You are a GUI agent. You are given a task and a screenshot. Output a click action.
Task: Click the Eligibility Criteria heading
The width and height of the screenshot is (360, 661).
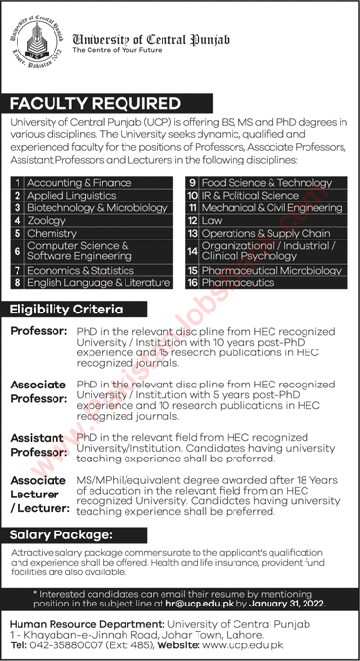coord(65,309)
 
